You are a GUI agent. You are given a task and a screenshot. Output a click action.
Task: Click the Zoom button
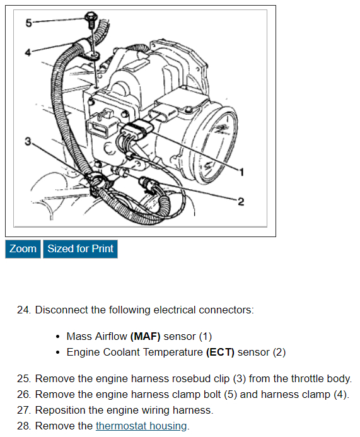23,249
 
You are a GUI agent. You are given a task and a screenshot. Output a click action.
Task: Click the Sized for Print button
80,249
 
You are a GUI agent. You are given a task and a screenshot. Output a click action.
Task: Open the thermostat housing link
141,426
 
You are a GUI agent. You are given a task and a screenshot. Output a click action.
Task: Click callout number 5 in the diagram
29,23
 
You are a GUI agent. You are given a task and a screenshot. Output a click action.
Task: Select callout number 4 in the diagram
28,52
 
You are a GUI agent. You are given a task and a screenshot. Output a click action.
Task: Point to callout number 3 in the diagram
28,141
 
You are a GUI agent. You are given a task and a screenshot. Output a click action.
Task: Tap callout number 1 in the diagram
241,172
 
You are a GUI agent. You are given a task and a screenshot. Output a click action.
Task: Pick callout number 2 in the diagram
241,201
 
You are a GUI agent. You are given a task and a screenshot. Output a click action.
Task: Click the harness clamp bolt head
90,16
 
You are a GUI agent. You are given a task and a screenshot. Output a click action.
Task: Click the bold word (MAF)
145,336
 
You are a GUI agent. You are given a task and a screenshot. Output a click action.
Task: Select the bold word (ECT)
220,353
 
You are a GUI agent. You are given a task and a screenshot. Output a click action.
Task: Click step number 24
24,310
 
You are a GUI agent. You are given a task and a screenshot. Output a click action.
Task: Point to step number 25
24,378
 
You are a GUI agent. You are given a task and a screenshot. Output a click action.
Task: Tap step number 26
24,394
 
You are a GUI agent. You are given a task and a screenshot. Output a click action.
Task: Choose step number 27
24,411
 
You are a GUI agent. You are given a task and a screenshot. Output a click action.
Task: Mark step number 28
24,426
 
